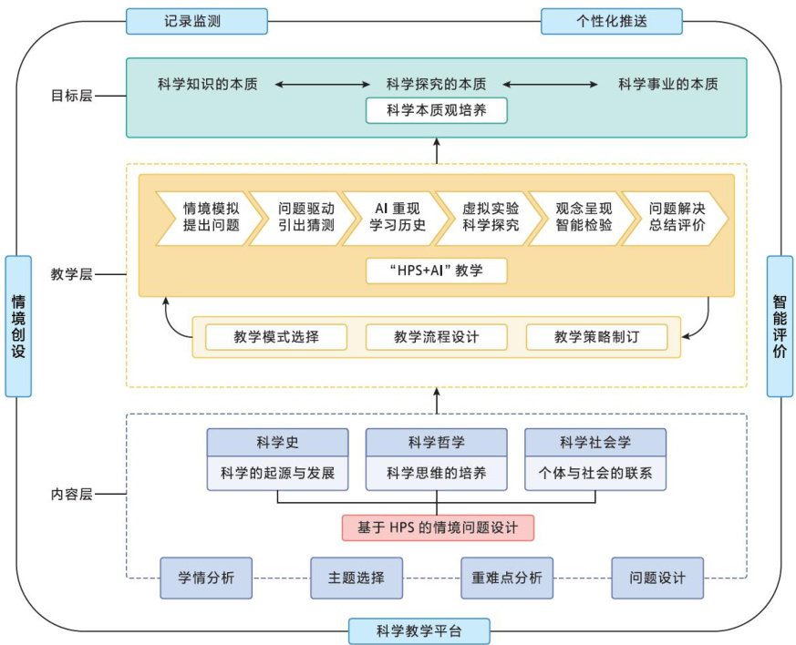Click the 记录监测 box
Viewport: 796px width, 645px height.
pos(197,21)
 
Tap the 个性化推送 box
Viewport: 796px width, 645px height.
pos(612,21)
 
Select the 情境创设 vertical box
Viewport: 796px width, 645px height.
pos(18,326)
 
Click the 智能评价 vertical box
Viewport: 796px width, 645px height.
pos(780,326)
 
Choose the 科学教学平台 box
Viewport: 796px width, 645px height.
pos(419,630)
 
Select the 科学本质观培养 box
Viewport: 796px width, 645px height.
pos(436,111)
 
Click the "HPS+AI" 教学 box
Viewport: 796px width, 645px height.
pos(436,271)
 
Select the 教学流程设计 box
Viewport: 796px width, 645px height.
pos(436,337)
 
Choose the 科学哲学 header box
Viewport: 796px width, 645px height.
pos(436,443)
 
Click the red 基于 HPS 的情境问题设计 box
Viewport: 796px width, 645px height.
pos(437,527)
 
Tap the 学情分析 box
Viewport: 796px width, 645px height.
pos(206,578)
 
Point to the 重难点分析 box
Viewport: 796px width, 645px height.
pos(507,578)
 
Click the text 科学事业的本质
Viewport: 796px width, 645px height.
pos(667,85)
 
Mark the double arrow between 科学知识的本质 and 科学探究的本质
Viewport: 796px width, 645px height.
pos(312,85)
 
